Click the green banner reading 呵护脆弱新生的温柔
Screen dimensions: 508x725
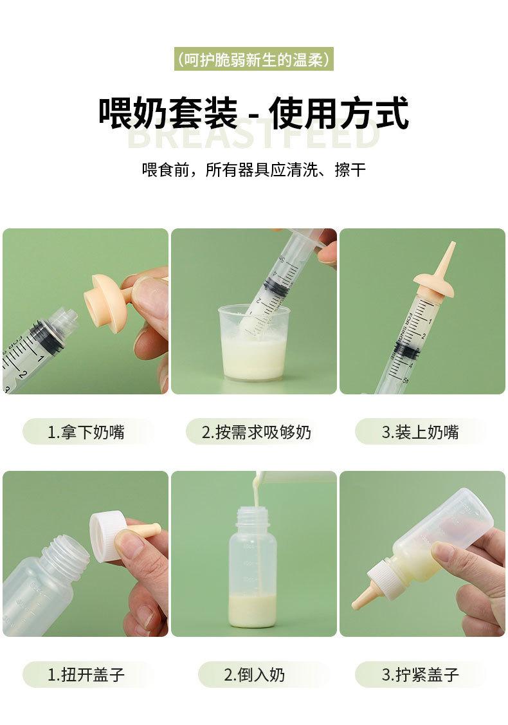click(x=254, y=59)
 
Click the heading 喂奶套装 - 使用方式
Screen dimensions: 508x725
click(x=254, y=113)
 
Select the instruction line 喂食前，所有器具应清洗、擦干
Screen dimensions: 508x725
click(x=254, y=170)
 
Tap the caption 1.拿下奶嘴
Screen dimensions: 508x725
click(x=86, y=432)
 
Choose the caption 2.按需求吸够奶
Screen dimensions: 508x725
click(x=257, y=432)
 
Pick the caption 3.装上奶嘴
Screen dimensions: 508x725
click(x=420, y=432)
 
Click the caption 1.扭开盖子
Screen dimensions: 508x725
click(x=86, y=675)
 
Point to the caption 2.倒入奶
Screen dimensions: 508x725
click(x=254, y=675)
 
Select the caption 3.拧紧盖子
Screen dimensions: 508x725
click(x=420, y=675)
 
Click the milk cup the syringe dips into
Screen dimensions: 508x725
click(x=253, y=342)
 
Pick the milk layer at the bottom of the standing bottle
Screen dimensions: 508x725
click(x=253, y=610)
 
